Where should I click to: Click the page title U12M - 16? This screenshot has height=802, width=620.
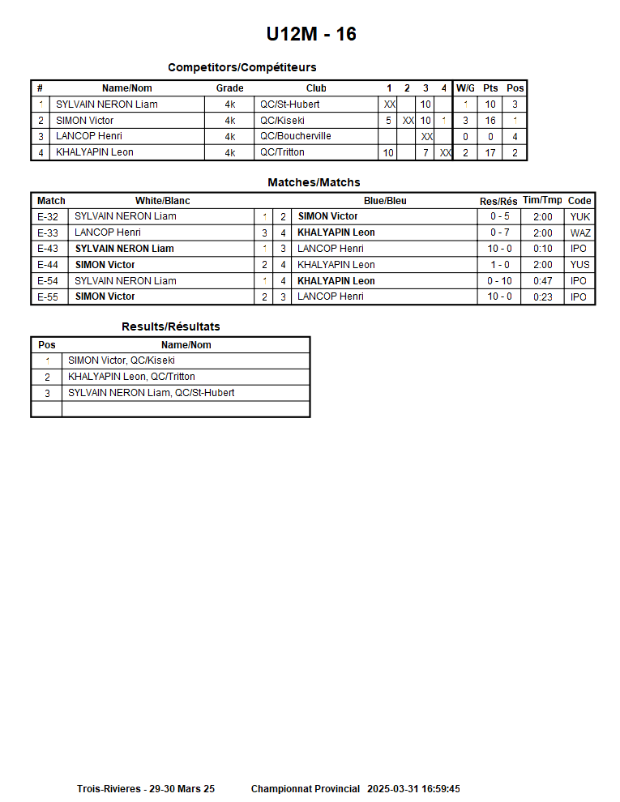pyautogui.click(x=310, y=34)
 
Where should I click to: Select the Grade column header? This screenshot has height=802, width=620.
pyautogui.click(x=229, y=88)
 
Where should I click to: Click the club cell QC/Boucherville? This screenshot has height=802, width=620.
pyautogui.click(x=296, y=136)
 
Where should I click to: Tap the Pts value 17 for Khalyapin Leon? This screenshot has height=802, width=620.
pyautogui.click(x=490, y=152)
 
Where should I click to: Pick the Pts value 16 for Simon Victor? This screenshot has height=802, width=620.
pyautogui.click(x=490, y=121)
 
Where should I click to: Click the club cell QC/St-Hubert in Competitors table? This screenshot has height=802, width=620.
pyautogui.click(x=289, y=105)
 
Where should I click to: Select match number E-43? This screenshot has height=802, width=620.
pyautogui.click(x=48, y=249)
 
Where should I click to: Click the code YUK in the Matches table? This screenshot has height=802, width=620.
pyautogui.click(x=579, y=216)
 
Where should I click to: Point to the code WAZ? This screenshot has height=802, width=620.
pyautogui.click(x=579, y=232)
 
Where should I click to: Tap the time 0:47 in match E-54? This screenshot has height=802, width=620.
pyautogui.click(x=542, y=281)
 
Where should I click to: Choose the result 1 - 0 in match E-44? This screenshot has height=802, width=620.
pyautogui.click(x=499, y=265)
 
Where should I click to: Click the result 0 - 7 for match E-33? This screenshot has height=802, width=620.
pyautogui.click(x=499, y=232)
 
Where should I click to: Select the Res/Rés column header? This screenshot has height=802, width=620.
pyautogui.click(x=498, y=201)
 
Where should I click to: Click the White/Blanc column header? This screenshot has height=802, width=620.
pyautogui.click(x=162, y=201)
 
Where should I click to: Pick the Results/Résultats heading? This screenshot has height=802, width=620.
pyautogui.click(x=170, y=326)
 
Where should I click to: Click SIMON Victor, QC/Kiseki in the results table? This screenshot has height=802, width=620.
pyautogui.click(x=121, y=360)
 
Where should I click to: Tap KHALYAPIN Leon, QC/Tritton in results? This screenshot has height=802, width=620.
pyautogui.click(x=131, y=377)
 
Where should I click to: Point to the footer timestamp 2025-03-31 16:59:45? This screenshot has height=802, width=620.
pyautogui.click(x=413, y=789)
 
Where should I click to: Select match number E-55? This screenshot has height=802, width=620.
pyautogui.click(x=48, y=296)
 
